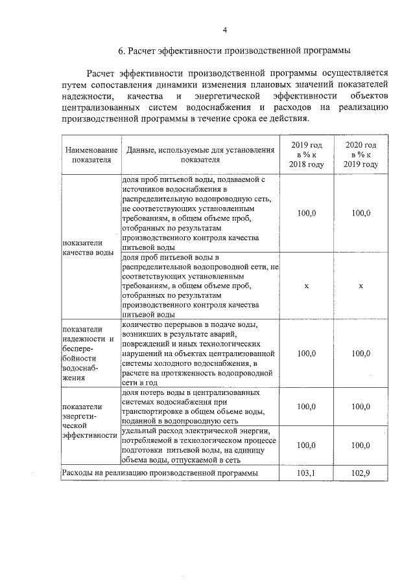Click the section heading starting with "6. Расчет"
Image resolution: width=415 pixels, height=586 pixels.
pyautogui.click(x=234, y=51)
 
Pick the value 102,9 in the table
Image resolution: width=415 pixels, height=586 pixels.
pyautogui.click(x=361, y=474)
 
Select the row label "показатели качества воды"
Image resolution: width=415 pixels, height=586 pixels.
pyautogui.click(x=88, y=247)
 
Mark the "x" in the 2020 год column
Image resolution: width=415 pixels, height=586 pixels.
pyautogui.click(x=361, y=285)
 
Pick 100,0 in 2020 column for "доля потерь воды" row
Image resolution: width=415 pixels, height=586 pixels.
pyautogui.click(x=361, y=406)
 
